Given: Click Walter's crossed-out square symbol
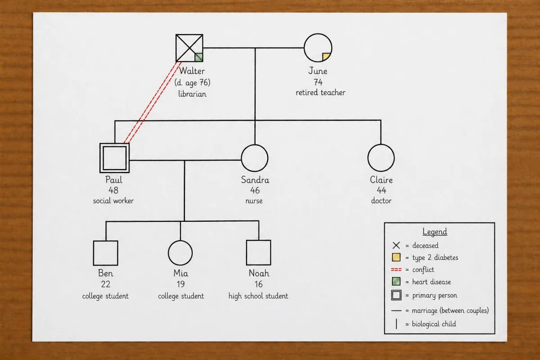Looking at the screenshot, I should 189,48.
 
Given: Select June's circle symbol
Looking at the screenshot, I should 318,47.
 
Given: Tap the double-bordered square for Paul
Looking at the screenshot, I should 114,158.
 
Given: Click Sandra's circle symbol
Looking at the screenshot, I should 255,158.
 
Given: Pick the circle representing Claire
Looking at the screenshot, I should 381,158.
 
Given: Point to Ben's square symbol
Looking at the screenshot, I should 106,253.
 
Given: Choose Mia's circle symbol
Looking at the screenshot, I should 180,253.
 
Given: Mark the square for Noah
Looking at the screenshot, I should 259,253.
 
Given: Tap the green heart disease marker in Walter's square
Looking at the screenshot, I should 198,57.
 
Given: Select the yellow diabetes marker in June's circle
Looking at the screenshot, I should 326,57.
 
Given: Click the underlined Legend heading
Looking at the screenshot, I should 435,232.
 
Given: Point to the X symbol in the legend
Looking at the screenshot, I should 396,246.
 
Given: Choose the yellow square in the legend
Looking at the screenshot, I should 396,258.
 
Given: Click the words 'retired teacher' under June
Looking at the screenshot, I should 320,93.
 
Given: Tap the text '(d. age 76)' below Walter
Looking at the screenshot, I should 192,83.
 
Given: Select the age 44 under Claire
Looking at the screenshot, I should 381,190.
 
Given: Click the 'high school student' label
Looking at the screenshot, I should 258,296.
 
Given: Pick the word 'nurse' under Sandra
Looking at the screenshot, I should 254,201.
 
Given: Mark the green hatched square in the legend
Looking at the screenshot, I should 396,282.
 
